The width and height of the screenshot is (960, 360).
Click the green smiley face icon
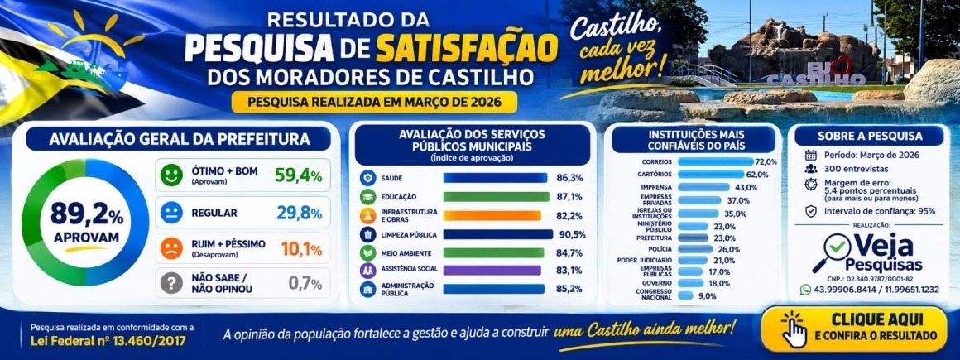click(x=171, y=175)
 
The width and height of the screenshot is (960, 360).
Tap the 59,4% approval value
click(x=298, y=175)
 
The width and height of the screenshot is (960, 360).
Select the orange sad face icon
click(x=171, y=248)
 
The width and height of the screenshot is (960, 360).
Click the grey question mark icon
click(x=171, y=283)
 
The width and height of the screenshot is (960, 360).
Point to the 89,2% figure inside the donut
click(x=86, y=214)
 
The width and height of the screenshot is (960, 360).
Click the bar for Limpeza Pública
click(x=497, y=234)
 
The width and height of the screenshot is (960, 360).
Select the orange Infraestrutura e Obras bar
click(x=492, y=215)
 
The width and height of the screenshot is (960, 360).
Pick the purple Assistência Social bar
click(x=492, y=270)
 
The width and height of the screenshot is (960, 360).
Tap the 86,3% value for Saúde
click(x=569, y=178)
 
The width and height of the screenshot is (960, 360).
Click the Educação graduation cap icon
click(x=368, y=196)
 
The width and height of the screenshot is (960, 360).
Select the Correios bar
click(x=716, y=161)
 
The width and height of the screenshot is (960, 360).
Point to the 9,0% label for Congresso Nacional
click(x=707, y=295)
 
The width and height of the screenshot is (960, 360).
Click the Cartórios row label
click(x=656, y=174)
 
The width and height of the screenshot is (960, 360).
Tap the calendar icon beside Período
click(x=810, y=155)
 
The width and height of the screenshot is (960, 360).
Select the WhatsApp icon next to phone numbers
click(x=805, y=289)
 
